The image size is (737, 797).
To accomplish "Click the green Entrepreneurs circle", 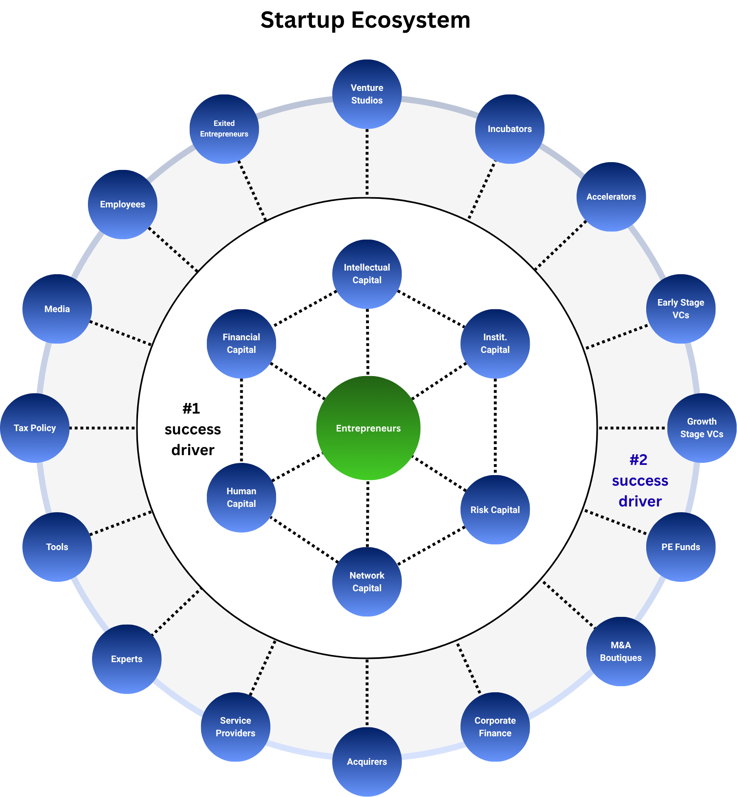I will tap(368, 428).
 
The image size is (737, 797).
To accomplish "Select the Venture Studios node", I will tap(367, 94).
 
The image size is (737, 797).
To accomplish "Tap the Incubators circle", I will tap(509, 129).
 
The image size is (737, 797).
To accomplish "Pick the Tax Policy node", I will tap(35, 428).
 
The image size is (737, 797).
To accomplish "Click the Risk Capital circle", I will tap(495, 510).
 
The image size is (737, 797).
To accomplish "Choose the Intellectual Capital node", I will tap(367, 274).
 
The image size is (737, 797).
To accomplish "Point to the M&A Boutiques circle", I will tap(621, 651).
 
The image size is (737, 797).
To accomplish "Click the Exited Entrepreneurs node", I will tap(224, 129).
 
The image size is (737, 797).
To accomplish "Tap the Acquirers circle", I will tap(367, 762).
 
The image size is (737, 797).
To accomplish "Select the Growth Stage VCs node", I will tap(702, 428).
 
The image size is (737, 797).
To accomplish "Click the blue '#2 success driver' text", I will tap(640, 481).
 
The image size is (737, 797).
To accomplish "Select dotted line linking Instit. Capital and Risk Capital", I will tap(495, 426).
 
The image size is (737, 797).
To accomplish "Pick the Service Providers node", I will tap(235, 727).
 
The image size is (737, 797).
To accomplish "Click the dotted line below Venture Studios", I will tap(367, 163).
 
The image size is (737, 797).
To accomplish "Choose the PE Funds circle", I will tap(680, 547).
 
